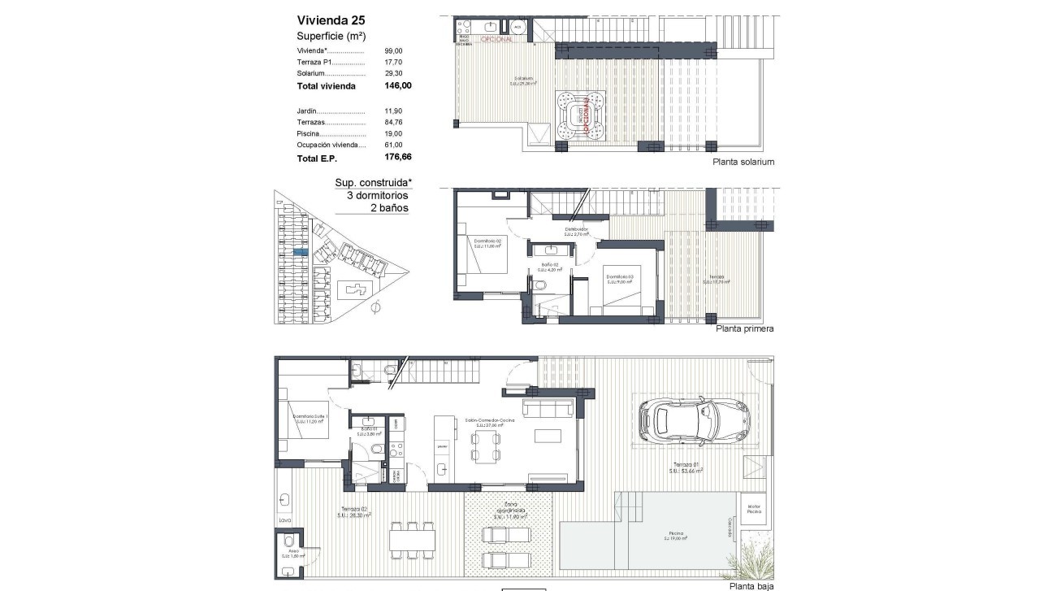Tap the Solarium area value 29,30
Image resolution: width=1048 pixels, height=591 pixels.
pos(394,73)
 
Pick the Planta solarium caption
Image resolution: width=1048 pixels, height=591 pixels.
pos(743,162)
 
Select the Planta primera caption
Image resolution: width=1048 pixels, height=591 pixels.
pos(744,329)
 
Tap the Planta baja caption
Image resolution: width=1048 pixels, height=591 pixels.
pos(751,585)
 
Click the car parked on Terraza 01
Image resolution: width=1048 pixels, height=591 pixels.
pos(695,420)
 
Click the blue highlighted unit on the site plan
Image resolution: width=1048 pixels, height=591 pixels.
pos(300,253)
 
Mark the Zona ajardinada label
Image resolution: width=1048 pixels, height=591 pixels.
pos(511,511)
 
